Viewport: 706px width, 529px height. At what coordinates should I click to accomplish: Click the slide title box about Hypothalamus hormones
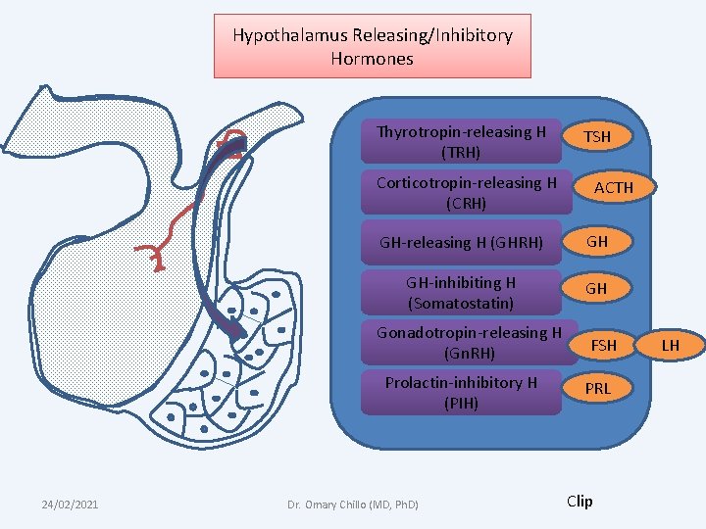(x=373, y=46)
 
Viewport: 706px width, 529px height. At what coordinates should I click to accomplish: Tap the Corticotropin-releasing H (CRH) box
(x=467, y=193)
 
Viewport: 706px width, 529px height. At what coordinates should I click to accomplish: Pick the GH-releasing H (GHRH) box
(x=462, y=243)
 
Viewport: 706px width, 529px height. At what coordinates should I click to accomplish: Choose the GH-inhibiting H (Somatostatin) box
(x=461, y=292)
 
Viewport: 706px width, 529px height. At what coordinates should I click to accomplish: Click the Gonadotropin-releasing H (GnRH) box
(x=469, y=342)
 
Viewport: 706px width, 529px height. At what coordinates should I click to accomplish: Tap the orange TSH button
(x=597, y=137)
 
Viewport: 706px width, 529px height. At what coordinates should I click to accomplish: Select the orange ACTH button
(x=614, y=187)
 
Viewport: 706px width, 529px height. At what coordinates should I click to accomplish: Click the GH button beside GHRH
(x=597, y=241)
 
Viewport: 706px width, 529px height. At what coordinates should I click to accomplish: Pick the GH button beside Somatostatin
(x=597, y=289)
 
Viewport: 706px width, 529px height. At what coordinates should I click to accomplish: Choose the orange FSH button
(x=604, y=345)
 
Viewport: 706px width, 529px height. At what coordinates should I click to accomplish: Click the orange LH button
(x=671, y=345)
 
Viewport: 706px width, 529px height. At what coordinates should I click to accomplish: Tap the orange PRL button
(x=597, y=389)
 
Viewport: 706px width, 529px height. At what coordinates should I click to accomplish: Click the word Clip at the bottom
(x=580, y=501)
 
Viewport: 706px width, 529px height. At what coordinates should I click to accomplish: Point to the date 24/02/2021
(x=70, y=504)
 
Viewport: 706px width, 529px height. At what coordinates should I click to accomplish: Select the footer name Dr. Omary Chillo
(x=353, y=505)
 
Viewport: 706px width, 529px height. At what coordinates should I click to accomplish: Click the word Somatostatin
(x=461, y=303)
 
